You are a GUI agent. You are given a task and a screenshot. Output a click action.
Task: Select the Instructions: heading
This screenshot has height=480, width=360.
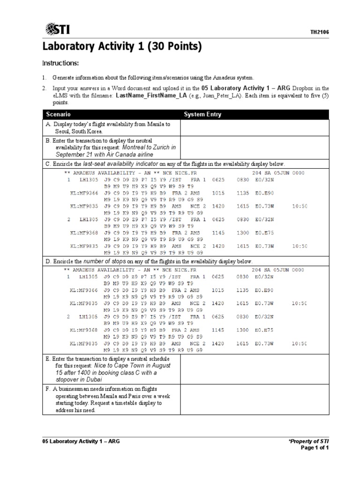60,63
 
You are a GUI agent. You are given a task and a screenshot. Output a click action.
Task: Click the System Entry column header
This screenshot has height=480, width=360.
202,114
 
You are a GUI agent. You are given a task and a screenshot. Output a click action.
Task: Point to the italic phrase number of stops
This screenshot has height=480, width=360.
104,261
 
